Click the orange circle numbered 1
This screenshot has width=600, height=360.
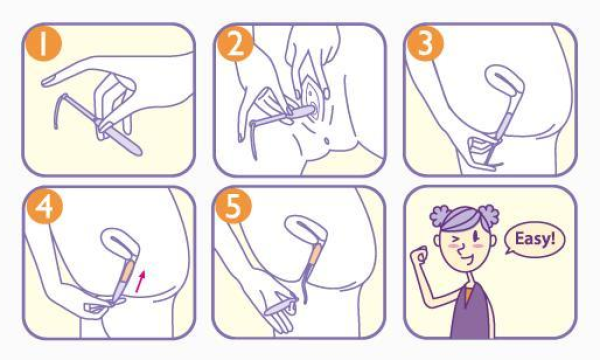[43, 43]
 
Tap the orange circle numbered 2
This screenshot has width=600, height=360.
[235, 44]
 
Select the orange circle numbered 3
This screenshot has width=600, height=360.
[425, 44]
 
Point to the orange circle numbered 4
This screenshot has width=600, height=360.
[45, 206]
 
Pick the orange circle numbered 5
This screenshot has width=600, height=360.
[233, 206]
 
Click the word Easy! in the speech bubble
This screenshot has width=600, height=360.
[535, 239]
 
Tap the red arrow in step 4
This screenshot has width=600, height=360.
[140, 281]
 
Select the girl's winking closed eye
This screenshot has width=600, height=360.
[454, 240]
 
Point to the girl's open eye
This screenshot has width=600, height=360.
[477, 237]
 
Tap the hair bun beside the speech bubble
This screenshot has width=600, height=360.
[488, 217]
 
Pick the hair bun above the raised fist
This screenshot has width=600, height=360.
[440, 217]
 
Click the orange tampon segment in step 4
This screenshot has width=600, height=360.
[128, 272]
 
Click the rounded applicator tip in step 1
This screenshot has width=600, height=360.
[137, 151]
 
